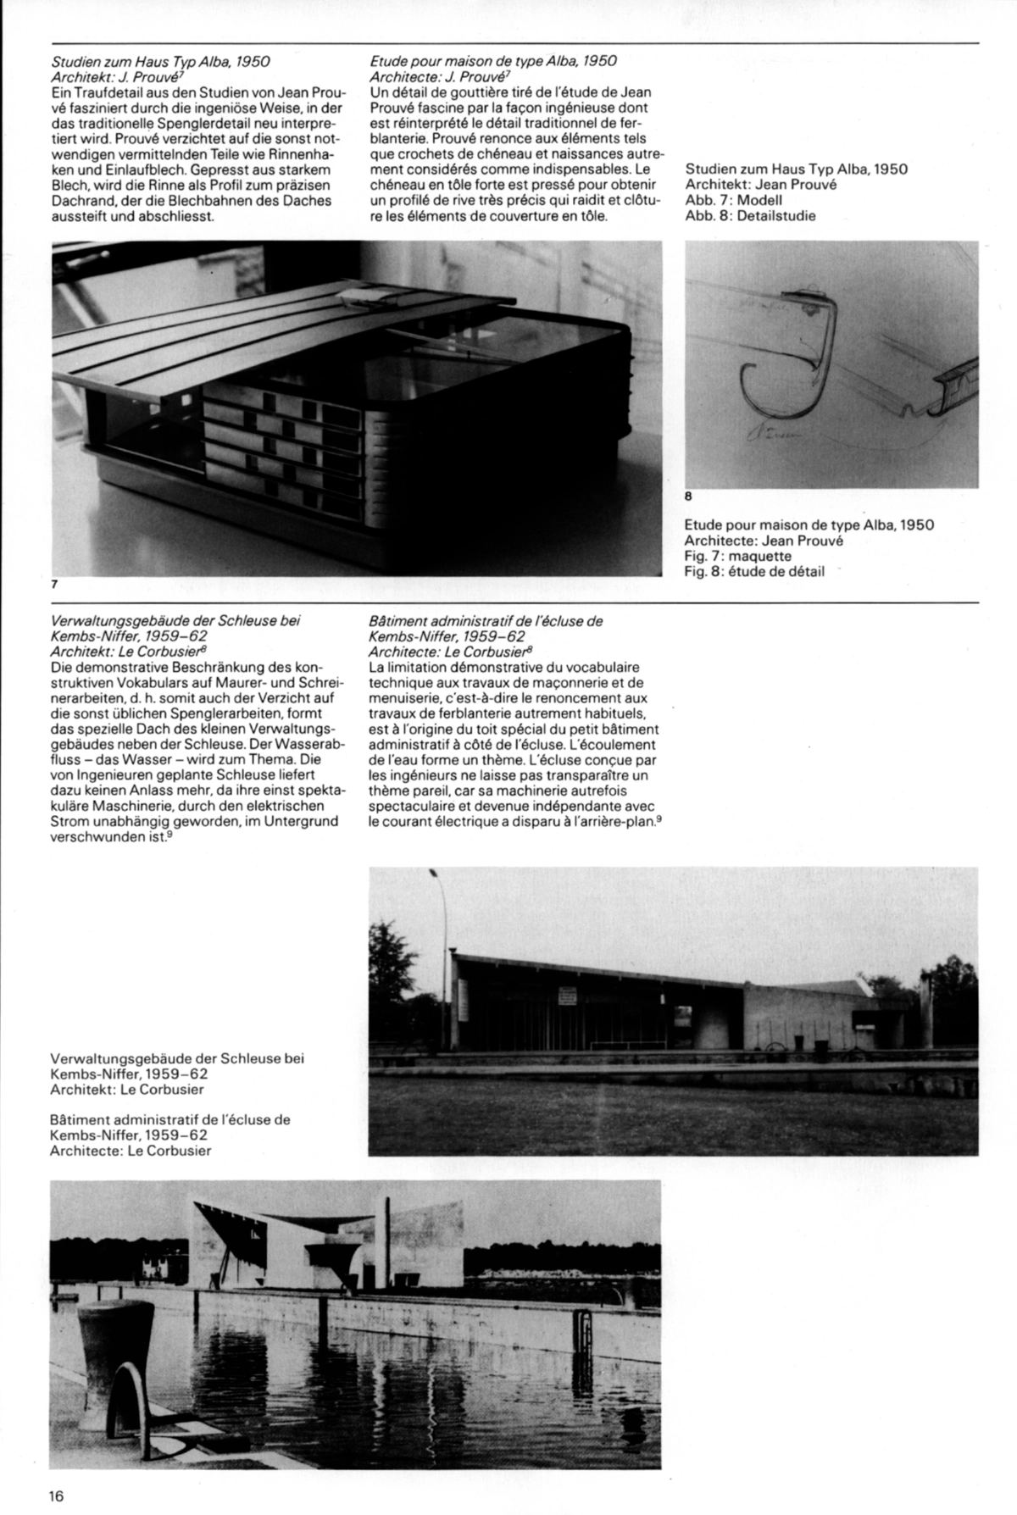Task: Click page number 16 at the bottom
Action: click(57, 1496)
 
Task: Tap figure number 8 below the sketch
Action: click(688, 497)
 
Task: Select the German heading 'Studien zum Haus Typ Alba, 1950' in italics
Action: click(160, 62)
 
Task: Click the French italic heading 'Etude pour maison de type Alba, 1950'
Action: click(493, 62)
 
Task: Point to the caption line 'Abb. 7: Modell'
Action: click(733, 201)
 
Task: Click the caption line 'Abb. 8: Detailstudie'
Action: click(750, 216)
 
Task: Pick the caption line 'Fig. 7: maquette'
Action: click(737, 556)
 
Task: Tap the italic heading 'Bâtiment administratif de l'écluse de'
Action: click(486, 621)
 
